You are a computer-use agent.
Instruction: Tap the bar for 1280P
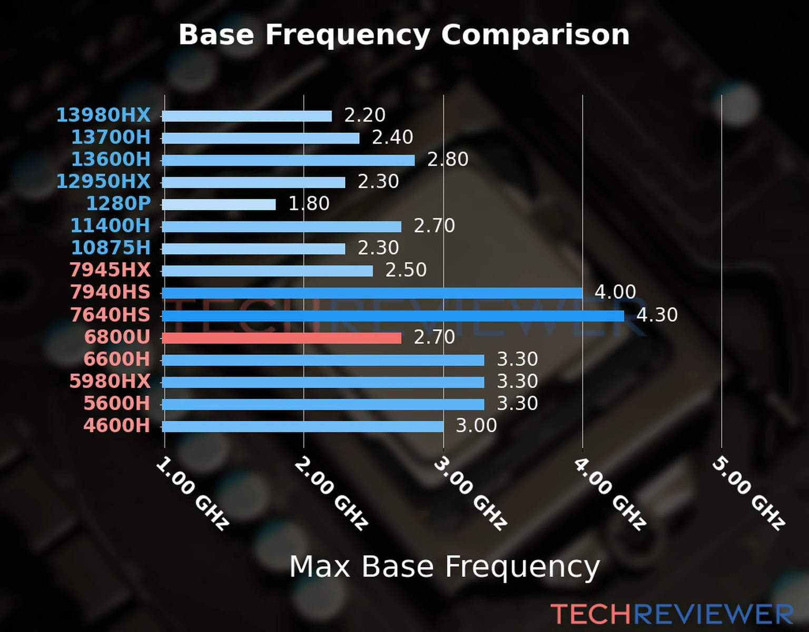219,204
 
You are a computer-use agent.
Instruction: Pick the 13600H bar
288,160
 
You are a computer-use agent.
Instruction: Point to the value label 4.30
657,315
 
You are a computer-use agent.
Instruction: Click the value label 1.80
309,203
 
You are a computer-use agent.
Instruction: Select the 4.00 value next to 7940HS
615,292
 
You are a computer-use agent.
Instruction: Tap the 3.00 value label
476,426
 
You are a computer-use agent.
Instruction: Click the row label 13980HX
103,115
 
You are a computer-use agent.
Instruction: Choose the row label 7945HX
110,270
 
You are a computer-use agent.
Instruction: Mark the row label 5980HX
110,381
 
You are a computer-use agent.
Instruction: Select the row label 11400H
111,225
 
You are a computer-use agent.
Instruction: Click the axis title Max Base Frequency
445,567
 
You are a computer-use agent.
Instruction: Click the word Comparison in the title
535,35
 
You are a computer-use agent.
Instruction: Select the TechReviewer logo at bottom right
672,614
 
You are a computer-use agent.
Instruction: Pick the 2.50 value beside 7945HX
406,270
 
